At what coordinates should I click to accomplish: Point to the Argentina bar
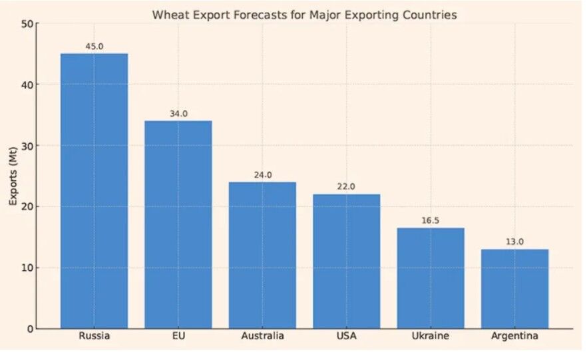514,289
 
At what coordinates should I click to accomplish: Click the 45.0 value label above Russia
95,47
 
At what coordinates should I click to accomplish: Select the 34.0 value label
178,114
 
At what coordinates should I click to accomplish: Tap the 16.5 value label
431,221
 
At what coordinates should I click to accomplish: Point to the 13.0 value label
514,242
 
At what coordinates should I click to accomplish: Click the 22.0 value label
347,187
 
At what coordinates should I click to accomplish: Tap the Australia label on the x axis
262,336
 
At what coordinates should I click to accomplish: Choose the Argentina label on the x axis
514,336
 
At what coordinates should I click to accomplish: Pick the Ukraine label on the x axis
431,336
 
